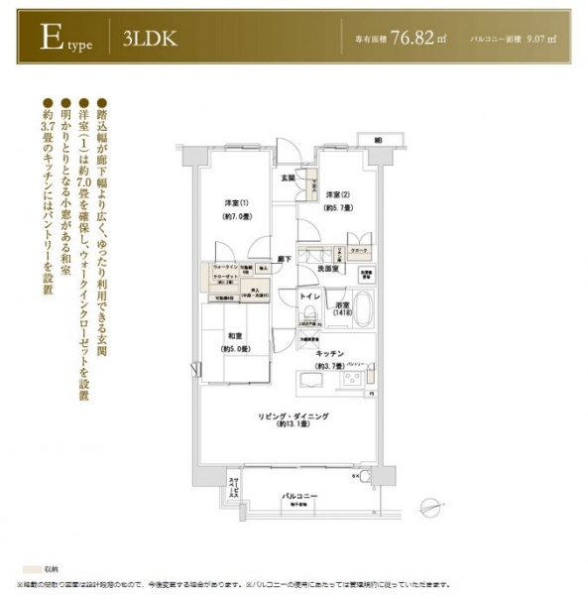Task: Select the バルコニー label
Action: (297, 493)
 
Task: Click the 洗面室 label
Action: (329, 269)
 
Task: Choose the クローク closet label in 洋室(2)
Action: (360, 252)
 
